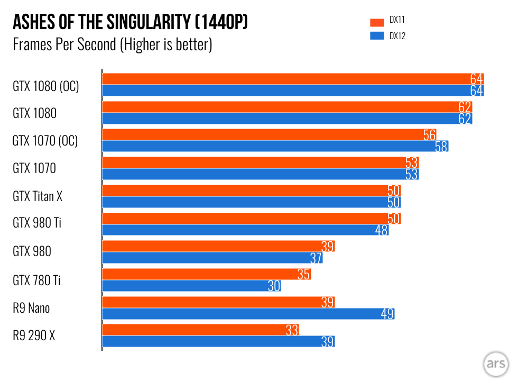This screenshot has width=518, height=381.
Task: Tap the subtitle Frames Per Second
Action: [x=112, y=44]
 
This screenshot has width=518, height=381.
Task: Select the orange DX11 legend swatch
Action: [x=377, y=22]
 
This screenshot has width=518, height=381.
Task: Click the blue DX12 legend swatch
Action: [x=377, y=37]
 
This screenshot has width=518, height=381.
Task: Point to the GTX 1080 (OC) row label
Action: [x=46, y=86]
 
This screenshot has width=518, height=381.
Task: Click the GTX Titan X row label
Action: [x=38, y=196]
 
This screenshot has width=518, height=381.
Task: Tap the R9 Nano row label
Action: [x=31, y=307]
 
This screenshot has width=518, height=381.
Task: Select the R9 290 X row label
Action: [x=34, y=335]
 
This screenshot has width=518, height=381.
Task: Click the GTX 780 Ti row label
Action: [x=36, y=280]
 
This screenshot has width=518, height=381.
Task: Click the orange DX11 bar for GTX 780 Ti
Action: [x=206, y=274]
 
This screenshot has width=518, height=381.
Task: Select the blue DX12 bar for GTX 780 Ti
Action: [x=190, y=286]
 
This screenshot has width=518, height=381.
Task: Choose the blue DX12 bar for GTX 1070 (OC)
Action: [x=275, y=147]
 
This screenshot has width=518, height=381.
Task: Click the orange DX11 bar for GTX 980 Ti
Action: [x=251, y=219]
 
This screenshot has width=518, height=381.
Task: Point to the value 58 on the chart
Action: [x=441, y=147]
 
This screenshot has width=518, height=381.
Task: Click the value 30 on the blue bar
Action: [x=274, y=286]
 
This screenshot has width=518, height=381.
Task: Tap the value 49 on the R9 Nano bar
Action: [x=387, y=314]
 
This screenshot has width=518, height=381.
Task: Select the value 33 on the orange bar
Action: [x=292, y=330]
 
